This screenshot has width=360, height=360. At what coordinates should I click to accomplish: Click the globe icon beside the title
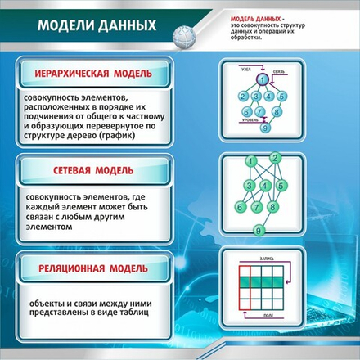click(x=187, y=34)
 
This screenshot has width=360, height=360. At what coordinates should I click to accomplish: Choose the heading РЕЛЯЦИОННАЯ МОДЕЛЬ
click(x=92, y=268)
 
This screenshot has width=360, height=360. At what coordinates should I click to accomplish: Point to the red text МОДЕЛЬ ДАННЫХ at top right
click(x=255, y=17)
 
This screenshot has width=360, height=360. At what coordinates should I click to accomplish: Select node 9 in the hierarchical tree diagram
click(x=263, y=127)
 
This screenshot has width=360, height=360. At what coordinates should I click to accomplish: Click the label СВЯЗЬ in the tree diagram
click(x=279, y=71)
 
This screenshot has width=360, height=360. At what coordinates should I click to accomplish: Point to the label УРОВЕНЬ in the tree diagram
click(x=249, y=119)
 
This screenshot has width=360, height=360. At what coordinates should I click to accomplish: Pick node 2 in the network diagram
click(x=277, y=158)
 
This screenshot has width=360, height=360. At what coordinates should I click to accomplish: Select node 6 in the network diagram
click(x=239, y=208)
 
